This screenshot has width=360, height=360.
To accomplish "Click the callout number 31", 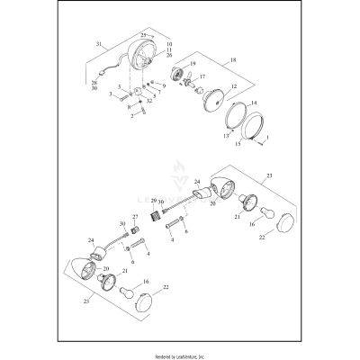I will click(100, 44).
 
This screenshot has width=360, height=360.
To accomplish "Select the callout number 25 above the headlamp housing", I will click(143, 35).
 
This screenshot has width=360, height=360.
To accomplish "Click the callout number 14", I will click(253, 104).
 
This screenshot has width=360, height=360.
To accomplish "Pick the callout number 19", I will click(193, 64).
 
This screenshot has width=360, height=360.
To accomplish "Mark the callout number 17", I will click(202, 76).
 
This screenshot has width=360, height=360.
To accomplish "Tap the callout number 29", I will click(154, 201).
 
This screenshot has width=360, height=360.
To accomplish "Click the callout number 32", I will click(148, 102).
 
